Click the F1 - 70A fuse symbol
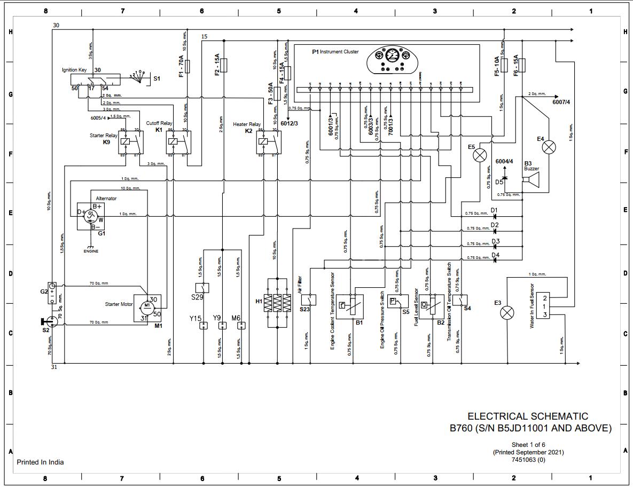pyautogui.click(x=193, y=66)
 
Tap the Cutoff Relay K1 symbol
pyautogui.click(x=178, y=142)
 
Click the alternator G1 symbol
pyautogui.click(x=91, y=216)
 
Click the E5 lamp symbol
pyautogui.click(x=481, y=155)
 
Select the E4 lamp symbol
pyautogui.click(x=549, y=147)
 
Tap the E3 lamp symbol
pyautogui.click(x=507, y=313)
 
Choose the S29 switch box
pyautogui.click(x=202, y=288)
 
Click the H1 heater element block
pyautogui.click(x=277, y=303)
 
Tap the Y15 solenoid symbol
pyautogui.click(x=203, y=325)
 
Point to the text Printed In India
pyautogui.click(x=40, y=462)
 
